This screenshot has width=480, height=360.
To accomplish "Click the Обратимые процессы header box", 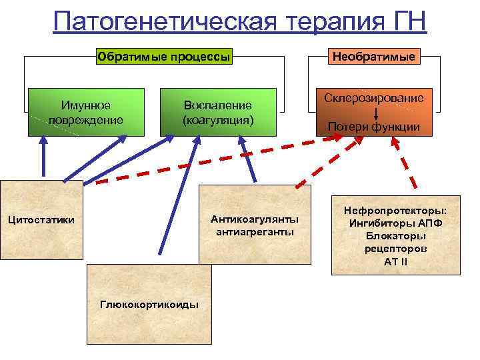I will [164, 56].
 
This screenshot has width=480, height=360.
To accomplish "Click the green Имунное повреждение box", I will [86, 112].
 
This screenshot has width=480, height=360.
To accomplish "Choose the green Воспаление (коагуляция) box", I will [218, 112].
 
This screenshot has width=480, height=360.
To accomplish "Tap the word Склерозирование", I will [374, 98].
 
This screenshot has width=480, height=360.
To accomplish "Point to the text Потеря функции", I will [374, 127].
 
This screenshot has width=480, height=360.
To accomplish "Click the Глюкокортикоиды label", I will [149, 304].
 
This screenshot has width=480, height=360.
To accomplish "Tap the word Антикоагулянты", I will [255, 219].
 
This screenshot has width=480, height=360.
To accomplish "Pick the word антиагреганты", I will [255, 231].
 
